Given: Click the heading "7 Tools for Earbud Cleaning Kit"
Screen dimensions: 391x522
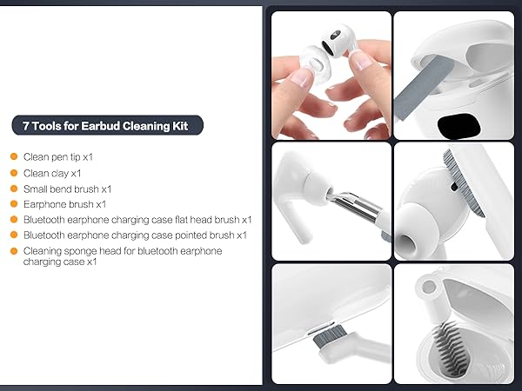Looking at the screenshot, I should pyautogui.click(x=107, y=126).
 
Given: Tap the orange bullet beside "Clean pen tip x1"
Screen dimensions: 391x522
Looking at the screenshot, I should pyautogui.click(x=14, y=157).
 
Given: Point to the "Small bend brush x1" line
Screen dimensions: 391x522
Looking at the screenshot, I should pyautogui.click(x=67, y=189).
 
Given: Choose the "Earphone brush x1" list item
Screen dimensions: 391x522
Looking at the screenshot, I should pyautogui.click(x=64, y=204).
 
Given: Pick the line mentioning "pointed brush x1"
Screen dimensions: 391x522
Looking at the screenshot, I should pyautogui.click(x=135, y=235).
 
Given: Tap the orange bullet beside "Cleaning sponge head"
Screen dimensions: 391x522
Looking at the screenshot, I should pyautogui.click(x=14, y=251).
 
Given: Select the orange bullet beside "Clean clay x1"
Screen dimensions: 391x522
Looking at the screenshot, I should pyautogui.click(x=14, y=173).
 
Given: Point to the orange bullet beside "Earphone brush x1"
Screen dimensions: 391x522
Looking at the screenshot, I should pyautogui.click(x=14, y=204).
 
